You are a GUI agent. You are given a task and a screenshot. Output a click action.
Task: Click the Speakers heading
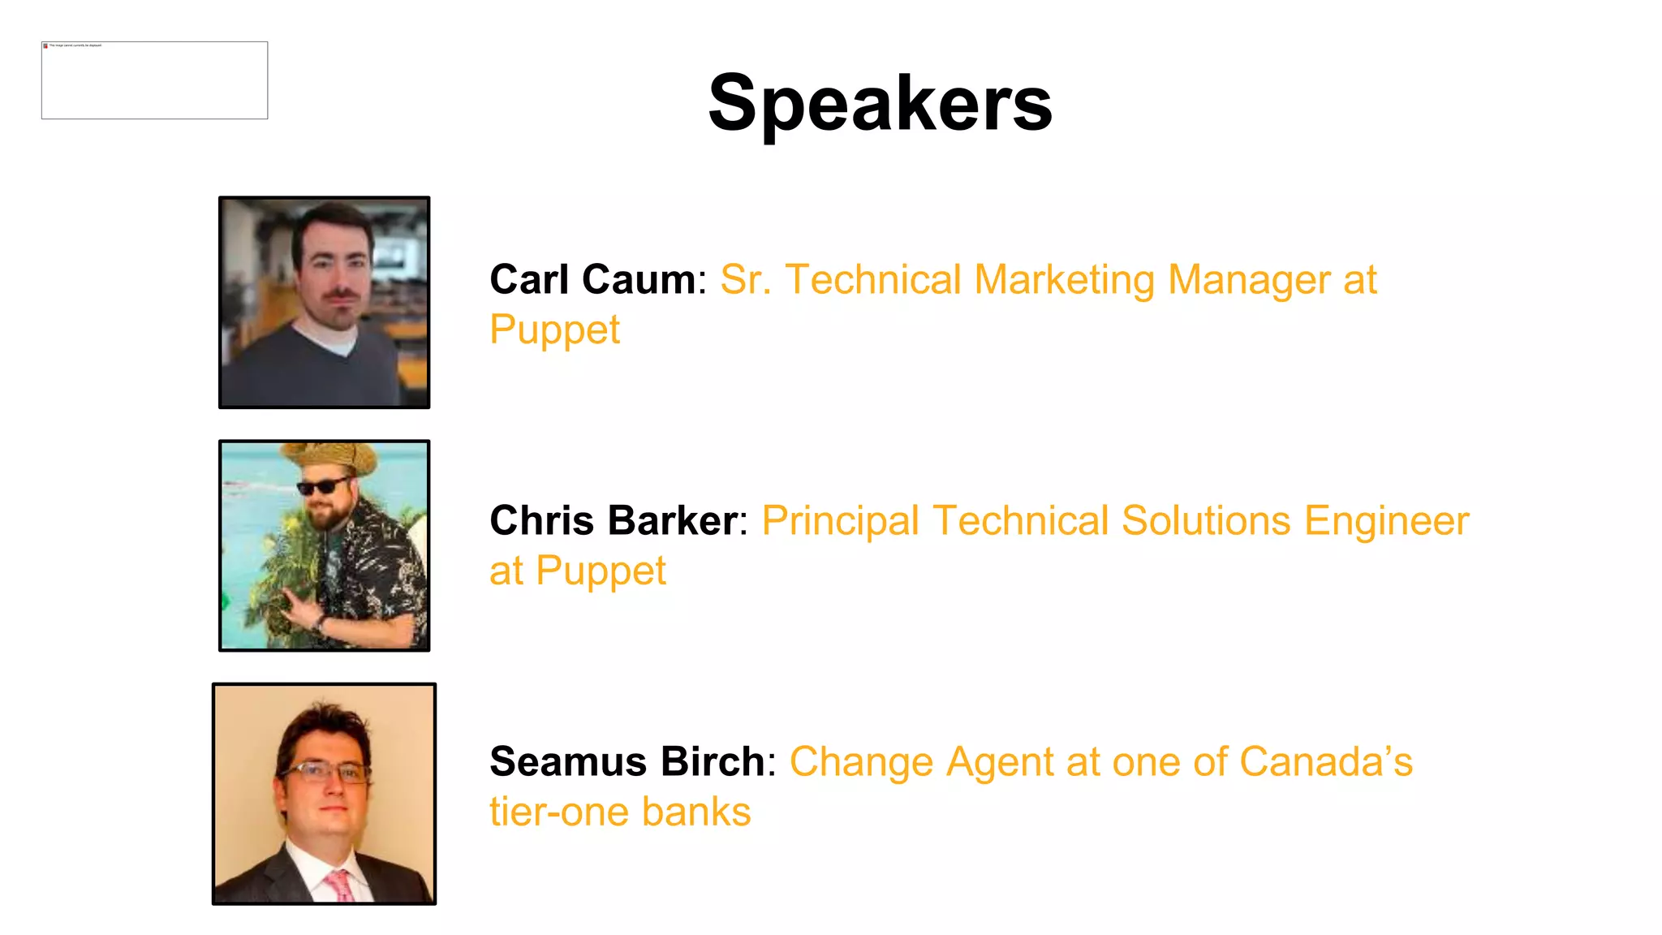880,103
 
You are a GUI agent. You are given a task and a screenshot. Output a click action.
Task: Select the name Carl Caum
592,280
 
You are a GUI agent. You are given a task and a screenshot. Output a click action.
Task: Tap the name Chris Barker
614,520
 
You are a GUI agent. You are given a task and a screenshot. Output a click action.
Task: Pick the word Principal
840,520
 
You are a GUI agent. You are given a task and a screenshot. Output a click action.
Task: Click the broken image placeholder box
154,80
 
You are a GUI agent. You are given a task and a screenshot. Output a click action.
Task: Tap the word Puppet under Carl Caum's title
554,330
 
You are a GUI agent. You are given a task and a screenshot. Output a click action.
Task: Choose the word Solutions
1206,520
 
